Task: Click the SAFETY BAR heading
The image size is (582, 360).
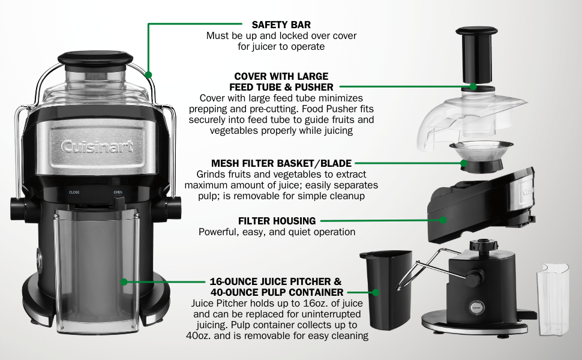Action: pos(281,25)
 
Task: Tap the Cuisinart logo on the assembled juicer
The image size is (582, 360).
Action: pos(97,146)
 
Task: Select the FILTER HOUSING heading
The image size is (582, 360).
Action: pos(277,221)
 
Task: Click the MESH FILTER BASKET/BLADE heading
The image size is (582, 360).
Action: pos(281,163)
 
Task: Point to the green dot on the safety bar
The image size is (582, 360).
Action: pos(149,75)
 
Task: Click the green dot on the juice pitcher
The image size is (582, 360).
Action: pos(124,281)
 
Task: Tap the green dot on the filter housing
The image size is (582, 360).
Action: pos(443,221)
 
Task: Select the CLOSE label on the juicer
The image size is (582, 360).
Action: pos(74,193)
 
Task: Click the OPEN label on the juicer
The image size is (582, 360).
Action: pos(118,193)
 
